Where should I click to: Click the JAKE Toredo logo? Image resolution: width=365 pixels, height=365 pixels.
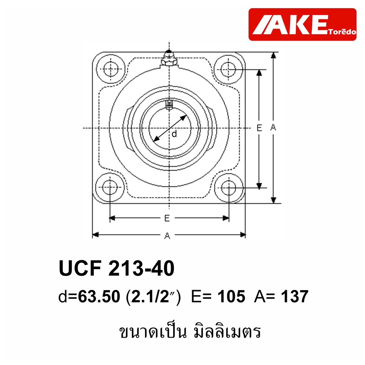coord(302,25)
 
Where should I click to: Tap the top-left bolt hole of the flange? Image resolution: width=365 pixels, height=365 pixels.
coord(110,69)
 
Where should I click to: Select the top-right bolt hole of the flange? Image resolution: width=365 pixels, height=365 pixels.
coord(228,69)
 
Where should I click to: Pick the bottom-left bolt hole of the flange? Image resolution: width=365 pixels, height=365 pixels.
coord(110,187)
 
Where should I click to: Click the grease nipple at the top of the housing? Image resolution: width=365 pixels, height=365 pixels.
coord(169,58)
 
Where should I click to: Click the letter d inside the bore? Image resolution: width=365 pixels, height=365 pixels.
coord(174,134)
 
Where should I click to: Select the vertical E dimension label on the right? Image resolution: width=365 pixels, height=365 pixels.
coord(259,128)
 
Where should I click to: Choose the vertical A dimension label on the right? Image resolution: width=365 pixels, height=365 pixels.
coord(273,127)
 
